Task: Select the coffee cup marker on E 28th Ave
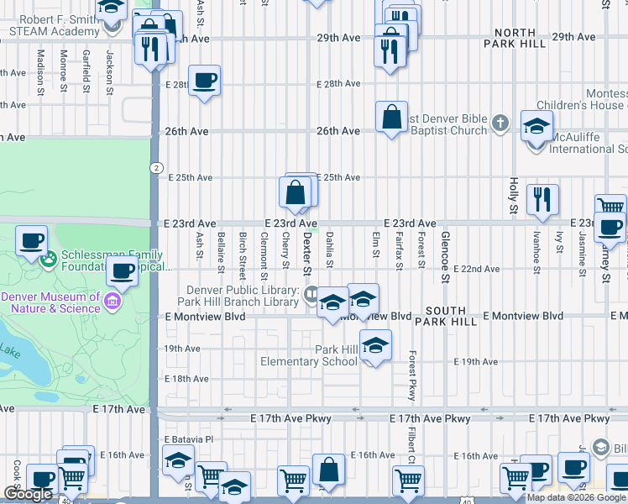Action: pos(205,81)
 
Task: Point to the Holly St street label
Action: pos(514,194)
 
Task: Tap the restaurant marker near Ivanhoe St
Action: pos(542,199)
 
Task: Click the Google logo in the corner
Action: pos(28,494)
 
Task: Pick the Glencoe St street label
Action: pos(445,250)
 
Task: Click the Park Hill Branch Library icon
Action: pos(311,293)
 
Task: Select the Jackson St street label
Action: pos(109,71)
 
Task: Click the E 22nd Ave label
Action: pos(477,270)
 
